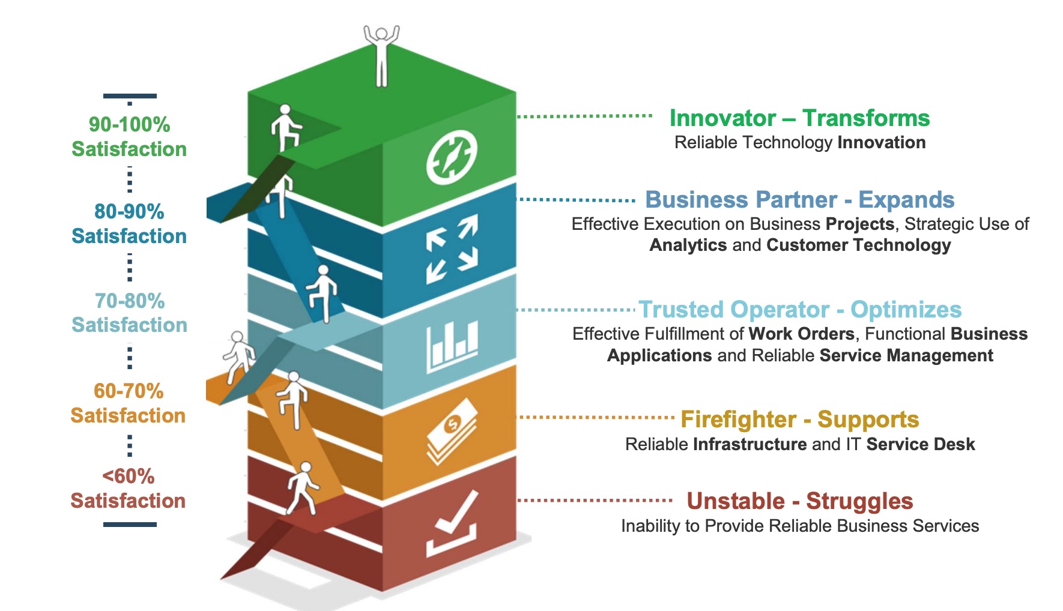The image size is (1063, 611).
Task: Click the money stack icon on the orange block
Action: point(452,431)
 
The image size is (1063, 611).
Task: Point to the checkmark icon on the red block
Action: point(452,523)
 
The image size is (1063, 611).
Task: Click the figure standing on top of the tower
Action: point(381,55)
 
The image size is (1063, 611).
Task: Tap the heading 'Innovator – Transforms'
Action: point(799,118)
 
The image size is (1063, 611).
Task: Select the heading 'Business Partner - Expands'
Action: point(799,199)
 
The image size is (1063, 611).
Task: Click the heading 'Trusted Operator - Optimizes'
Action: point(799,310)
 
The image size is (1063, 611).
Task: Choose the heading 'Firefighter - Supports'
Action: point(799,420)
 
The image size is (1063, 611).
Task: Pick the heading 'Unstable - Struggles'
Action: point(799,501)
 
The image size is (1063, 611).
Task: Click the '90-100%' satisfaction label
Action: point(129,125)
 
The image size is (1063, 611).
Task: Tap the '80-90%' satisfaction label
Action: point(129,211)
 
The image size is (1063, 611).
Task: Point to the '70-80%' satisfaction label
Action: point(129,301)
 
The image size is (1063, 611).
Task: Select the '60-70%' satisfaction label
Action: point(129,391)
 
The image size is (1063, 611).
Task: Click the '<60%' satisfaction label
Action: point(129,477)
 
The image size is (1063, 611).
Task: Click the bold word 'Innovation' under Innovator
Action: point(881,143)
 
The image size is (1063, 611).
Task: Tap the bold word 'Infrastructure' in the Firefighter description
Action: point(750,444)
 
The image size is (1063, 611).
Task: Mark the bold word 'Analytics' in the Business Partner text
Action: point(688,245)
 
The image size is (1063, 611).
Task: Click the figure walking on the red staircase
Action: point(303,487)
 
